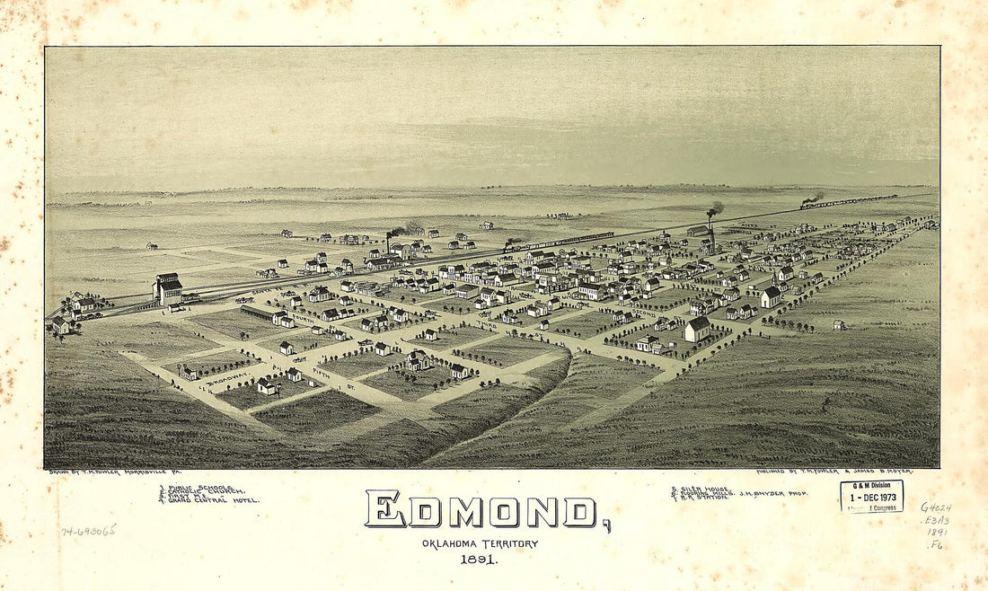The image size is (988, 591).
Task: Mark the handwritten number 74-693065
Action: pyautogui.click(x=88, y=531)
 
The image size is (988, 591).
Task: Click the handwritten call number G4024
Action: pyautogui.click(x=935, y=507)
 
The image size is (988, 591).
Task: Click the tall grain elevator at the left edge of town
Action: pyautogui.click(x=168, y=289)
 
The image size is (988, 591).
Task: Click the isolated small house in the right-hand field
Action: pyautogui.click(x=839, y=324)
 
